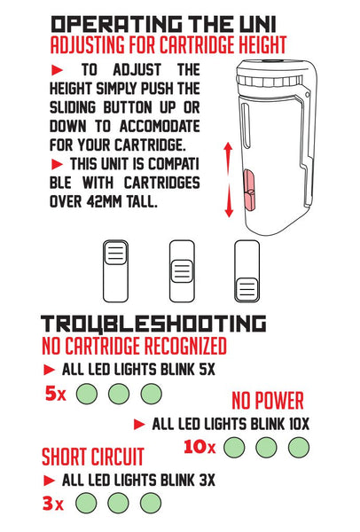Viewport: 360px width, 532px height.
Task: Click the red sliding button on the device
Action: pos(249,191)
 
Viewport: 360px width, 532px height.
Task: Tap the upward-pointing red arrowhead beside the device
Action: pos(229,147)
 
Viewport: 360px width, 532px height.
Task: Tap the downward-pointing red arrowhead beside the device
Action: pos(229,212)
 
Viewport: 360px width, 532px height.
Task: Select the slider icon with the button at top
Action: pos(115,271)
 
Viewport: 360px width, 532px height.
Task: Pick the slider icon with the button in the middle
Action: pos(182,271)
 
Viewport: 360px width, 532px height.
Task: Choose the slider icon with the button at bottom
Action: pos(247,271)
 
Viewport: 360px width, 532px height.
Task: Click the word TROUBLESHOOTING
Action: pos(153,324)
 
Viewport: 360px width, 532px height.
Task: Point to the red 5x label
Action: pos(56,394)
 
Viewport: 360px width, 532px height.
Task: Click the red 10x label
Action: pos(200,447)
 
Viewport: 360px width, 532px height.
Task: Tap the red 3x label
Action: pos(53,503)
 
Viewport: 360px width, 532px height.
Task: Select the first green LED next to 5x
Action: pos(87,394)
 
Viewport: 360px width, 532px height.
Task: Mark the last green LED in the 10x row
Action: pos(299,448)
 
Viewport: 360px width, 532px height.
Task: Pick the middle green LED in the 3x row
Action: pos(118,503)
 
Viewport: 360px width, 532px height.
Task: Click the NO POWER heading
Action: pos(268,401)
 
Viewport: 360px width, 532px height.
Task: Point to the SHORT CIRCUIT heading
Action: pos(93,457)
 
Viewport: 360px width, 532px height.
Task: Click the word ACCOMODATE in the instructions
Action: pos(160,127)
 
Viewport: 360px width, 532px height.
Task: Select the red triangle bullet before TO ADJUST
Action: pos(57,70)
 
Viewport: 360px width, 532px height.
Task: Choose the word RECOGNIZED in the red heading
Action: pos(185,347)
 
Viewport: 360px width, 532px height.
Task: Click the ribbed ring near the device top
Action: pos(270,81)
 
